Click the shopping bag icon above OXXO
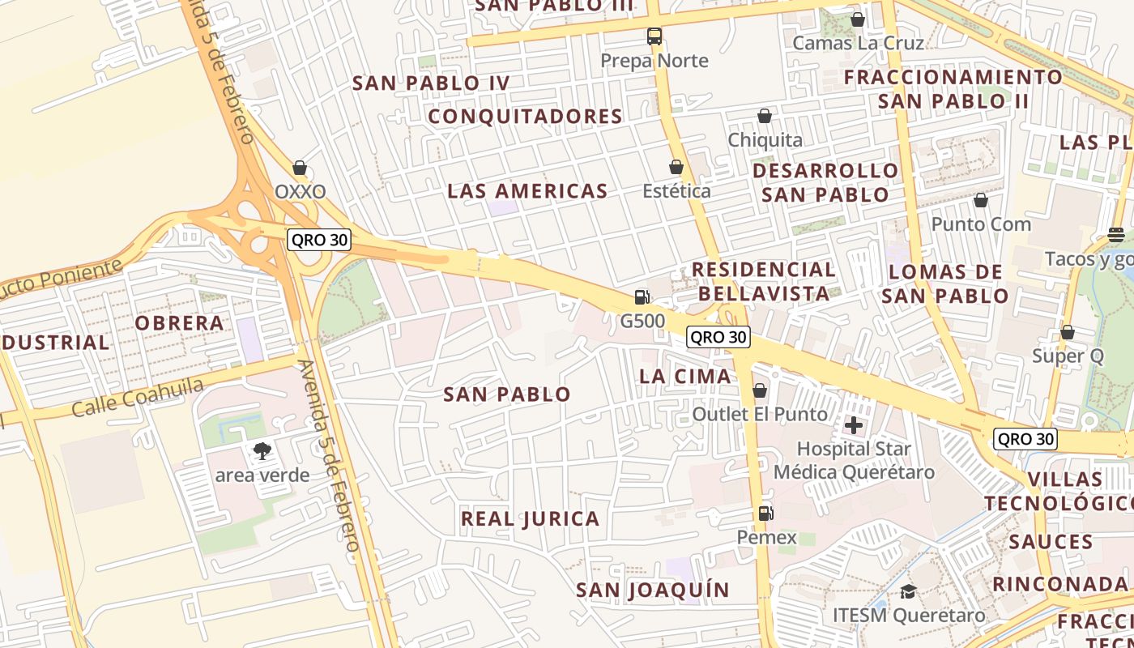pos(300,168)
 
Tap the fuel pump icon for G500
pos(642,297)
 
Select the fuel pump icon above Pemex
pos(765,513)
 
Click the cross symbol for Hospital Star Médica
pos(853,424)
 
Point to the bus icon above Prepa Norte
pos(654,36)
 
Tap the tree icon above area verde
pos(262,451)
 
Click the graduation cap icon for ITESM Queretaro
pos(908,591)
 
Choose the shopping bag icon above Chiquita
pos(764,116)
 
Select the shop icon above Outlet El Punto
pos(760,390)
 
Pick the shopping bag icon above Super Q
pos(1068,332)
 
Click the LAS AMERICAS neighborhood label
pos(527,191)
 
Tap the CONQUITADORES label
pos(525,117)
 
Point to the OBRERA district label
pos(179,323)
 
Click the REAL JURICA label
pos(530,518)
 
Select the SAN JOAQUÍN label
pos(653,590)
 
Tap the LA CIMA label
pos(684,376)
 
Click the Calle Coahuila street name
pos(138,398)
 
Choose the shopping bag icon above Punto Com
pos(981,200)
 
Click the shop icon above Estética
pos(676,167)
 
